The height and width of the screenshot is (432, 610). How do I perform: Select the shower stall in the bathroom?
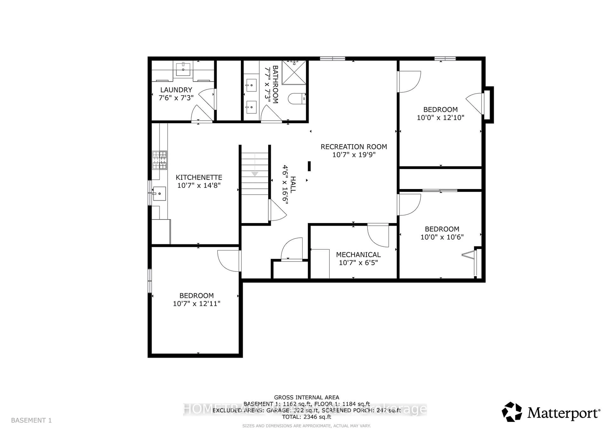click(x=294, y=72)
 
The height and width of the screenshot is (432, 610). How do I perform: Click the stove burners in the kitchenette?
click(x=159, y=160)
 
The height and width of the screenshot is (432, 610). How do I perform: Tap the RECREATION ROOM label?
click(x=354, y=147)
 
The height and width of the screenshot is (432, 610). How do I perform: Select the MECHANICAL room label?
click(x=358, y=254)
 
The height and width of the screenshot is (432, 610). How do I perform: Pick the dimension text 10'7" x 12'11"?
click(x=197, y=303)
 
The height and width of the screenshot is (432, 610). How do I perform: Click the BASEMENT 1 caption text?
click(x=31, y=420)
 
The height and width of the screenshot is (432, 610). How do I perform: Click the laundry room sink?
click(x=183, y=68)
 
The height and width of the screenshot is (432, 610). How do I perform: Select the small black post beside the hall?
click(x=309, y=166)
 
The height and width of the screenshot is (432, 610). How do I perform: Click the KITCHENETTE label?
click(x=199, y=178)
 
